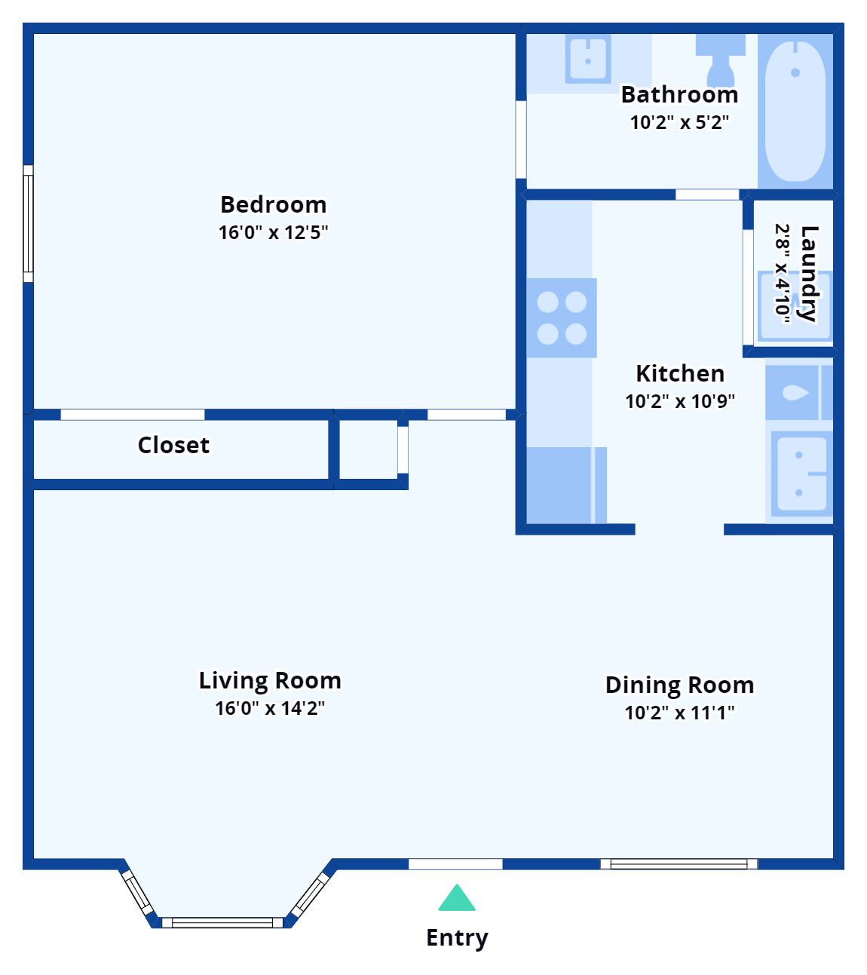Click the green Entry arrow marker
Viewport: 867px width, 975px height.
[x=457, y=899]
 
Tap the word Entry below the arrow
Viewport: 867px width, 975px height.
[x=458, y=938]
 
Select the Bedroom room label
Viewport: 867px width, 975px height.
[x=273, y=204]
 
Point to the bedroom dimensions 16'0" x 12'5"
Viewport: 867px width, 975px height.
[x=273, y=232]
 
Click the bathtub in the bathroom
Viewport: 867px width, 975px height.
[x=795, y=111]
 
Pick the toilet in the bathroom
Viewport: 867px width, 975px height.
[x=721, y=59]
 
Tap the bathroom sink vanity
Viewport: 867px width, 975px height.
[x=588, y=60]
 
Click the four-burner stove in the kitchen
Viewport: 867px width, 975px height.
[x=562, y=317]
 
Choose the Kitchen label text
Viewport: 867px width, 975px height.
[x=679, y=373]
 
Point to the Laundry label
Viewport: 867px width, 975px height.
[x=808, y=273]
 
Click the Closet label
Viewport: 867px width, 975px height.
[x=173, y=445]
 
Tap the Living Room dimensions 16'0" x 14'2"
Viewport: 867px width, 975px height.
[x=270, y=708]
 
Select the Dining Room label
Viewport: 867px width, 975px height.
[x=679, y=685]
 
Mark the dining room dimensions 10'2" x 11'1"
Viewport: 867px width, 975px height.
[x=679, y=713]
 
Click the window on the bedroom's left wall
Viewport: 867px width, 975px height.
[x=29, y=223]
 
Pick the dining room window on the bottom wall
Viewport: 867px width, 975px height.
[x=679, y=864]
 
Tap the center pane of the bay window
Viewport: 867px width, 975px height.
[x=222, y=922]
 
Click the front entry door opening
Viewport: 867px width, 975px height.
[x=455, y=864]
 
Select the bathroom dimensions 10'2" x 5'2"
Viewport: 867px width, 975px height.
[x=679, y=122]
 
